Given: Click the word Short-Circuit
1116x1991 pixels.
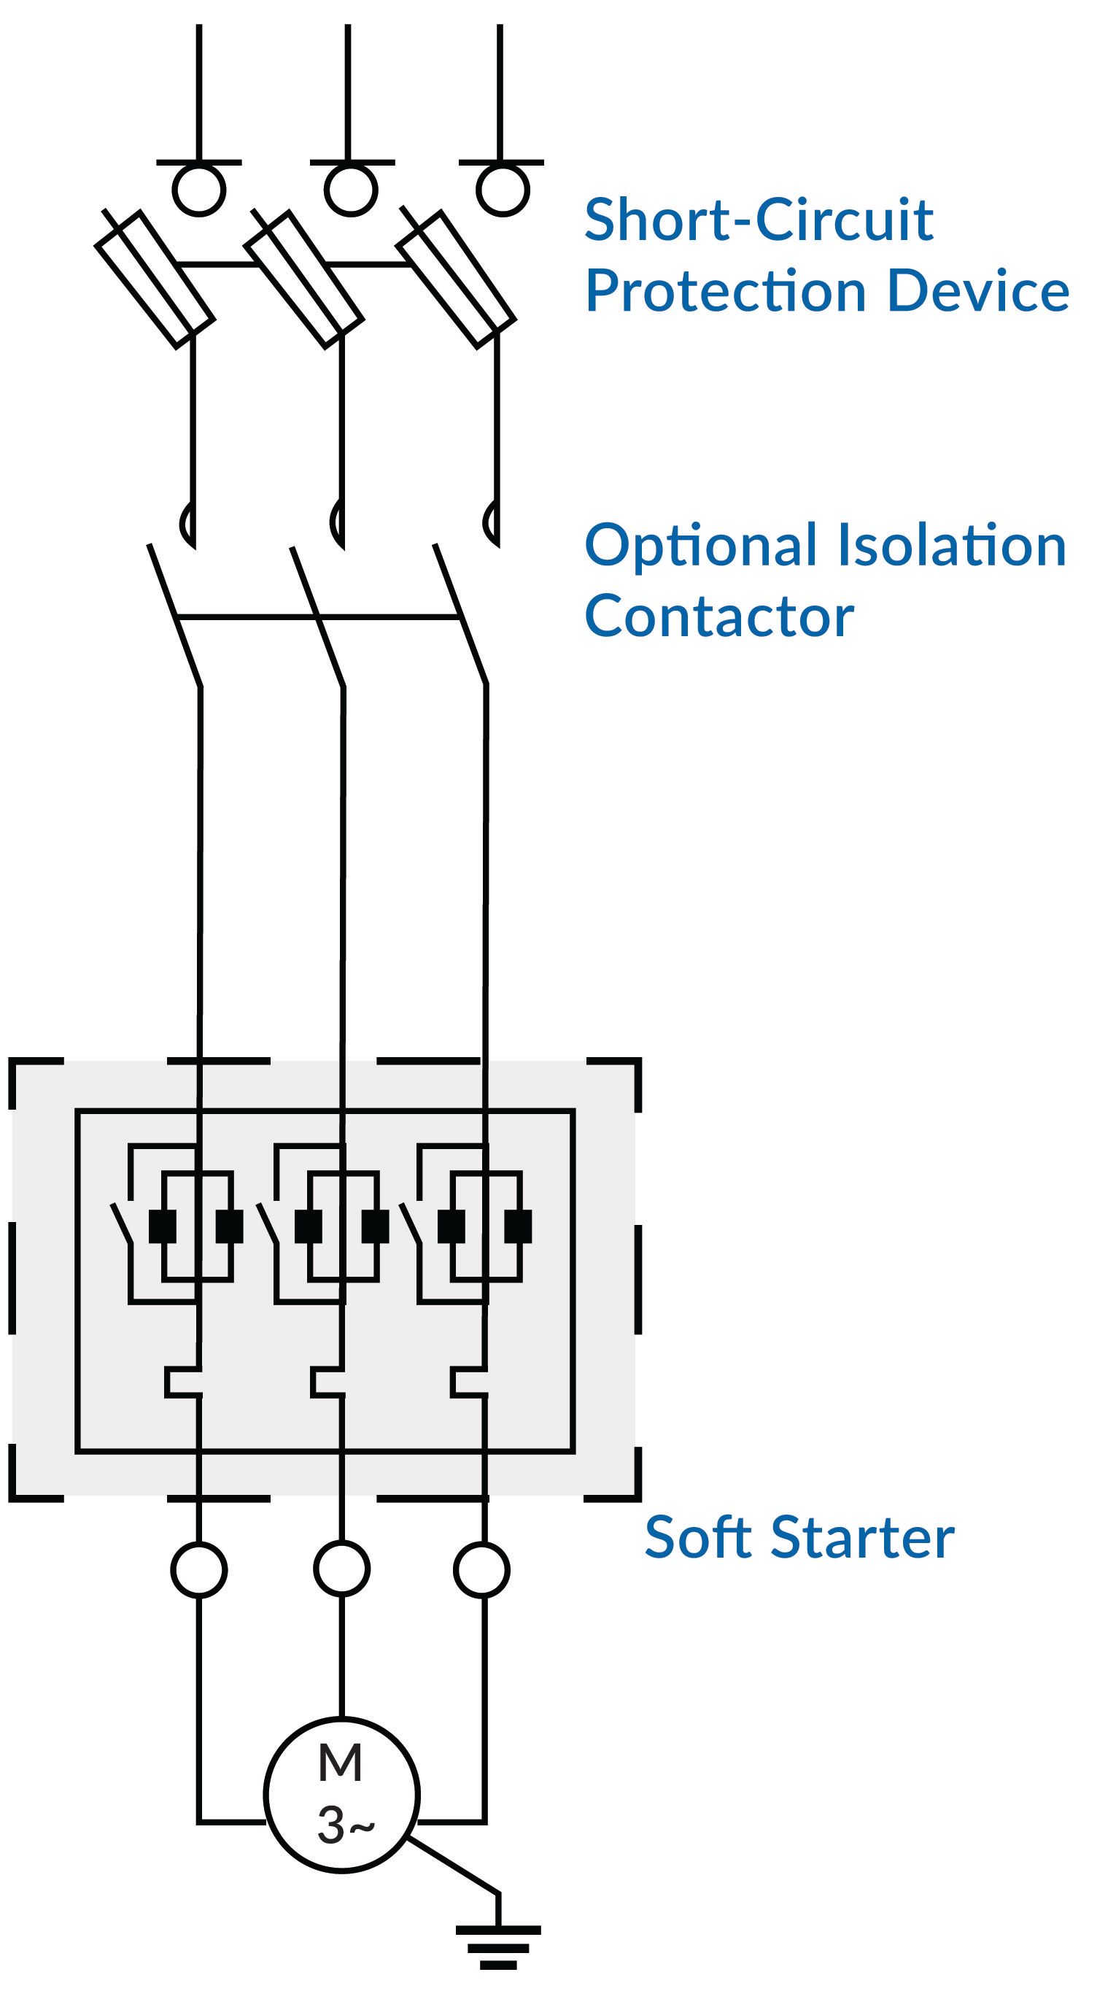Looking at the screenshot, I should (x=758, y=220).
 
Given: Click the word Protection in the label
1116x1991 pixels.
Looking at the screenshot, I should (x=726, y=291).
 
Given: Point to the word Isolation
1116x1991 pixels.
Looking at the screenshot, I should (x=951, y=545).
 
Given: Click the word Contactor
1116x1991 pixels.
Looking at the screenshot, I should (x=718, y=616).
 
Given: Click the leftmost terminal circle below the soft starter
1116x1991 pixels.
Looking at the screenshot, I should (x=198, y=1569).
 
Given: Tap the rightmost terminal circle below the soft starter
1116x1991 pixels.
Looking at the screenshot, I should (x=481, y=1569).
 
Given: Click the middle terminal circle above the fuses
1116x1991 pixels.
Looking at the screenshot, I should (x=351, y=190).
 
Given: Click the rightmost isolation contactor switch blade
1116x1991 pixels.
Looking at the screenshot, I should (x=460, y=614).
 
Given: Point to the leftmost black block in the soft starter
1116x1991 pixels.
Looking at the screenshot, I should (x=163, y=1226).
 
